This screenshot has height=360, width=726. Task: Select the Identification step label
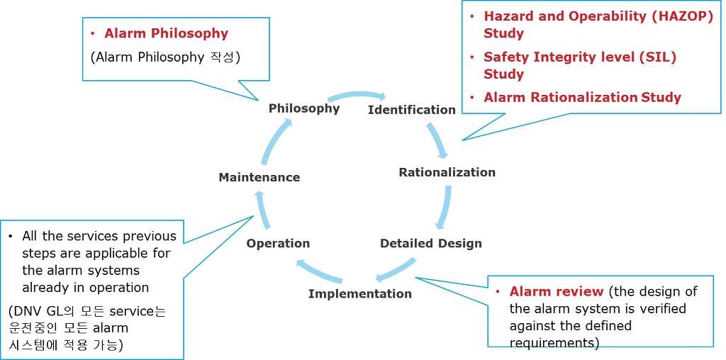412,110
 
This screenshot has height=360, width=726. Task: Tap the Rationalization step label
447,172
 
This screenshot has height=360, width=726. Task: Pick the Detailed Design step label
431,243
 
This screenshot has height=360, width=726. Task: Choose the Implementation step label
360,293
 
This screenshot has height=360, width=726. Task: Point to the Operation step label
278,243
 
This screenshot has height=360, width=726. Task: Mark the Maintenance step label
259,177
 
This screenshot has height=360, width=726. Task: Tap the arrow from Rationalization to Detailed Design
445,207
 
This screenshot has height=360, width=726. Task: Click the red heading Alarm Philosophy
166,33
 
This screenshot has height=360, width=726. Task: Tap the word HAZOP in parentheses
686,16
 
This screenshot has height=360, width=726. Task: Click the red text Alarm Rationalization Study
582,97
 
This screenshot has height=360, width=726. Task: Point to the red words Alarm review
557,291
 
